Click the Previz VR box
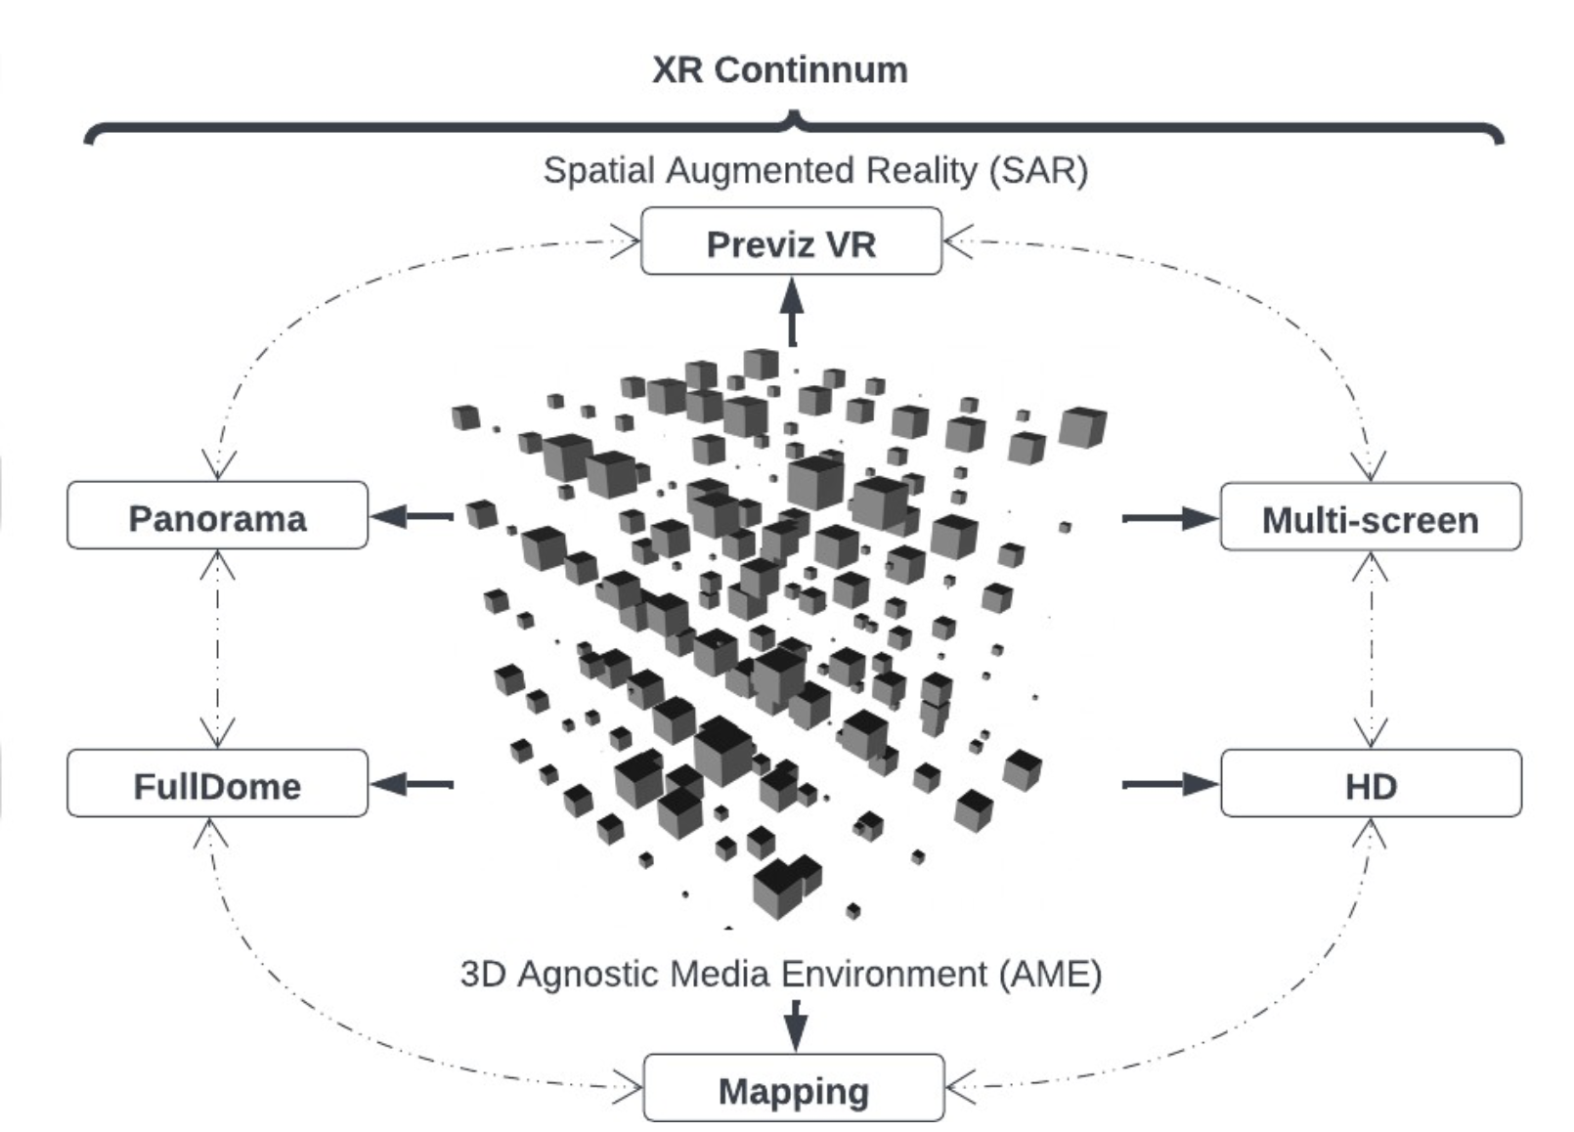tap(791, 241)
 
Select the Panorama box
tap(217, 516)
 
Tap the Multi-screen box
tap(1371, 518)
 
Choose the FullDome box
tap(217, 784)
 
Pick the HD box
tap(1371, 784)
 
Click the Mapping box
tap(794, 1089)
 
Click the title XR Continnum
tap(780, 70)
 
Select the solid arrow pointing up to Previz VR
tap(792, 312)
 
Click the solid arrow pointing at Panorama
tap(412, 516)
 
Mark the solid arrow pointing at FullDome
tap(412, 784)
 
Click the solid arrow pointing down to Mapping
tap(796, 1025)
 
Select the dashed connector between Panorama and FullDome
tap(217, 649)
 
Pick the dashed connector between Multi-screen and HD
tap(1371, 649)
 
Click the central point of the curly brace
tap(795, 118)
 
